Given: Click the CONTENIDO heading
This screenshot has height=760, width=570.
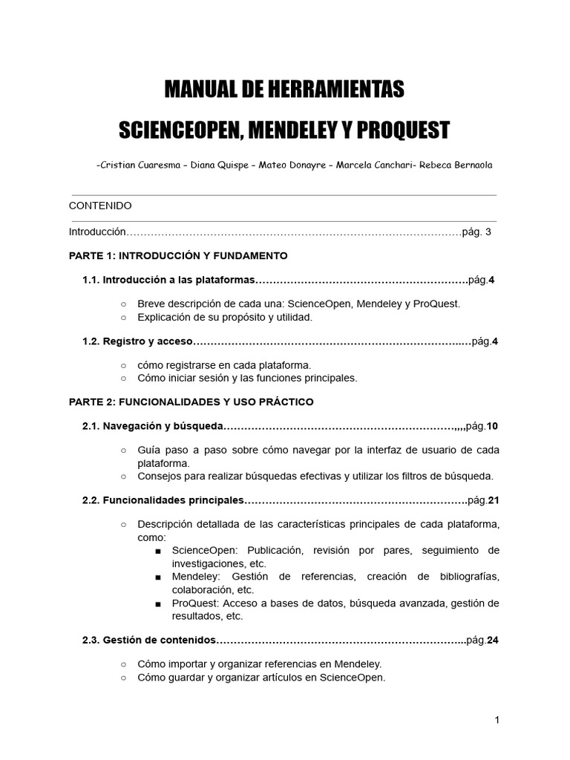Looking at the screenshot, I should point(100,206).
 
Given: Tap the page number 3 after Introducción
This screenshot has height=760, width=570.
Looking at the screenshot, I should point(488,232).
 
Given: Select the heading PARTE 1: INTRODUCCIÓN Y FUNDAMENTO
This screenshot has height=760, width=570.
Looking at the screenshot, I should point(178,255).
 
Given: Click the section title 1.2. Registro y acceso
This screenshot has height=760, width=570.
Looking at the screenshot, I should point(137,341).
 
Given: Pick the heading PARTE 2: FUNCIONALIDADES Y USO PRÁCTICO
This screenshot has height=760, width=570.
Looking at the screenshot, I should point(191,402).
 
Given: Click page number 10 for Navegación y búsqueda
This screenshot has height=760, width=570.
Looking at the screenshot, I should point(493,426).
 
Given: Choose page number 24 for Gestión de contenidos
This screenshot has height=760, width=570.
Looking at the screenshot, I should point(493,641).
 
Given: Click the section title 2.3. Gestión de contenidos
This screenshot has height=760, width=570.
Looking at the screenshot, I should point(149,641).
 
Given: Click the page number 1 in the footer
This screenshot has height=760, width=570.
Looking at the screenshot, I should point(497,720).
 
